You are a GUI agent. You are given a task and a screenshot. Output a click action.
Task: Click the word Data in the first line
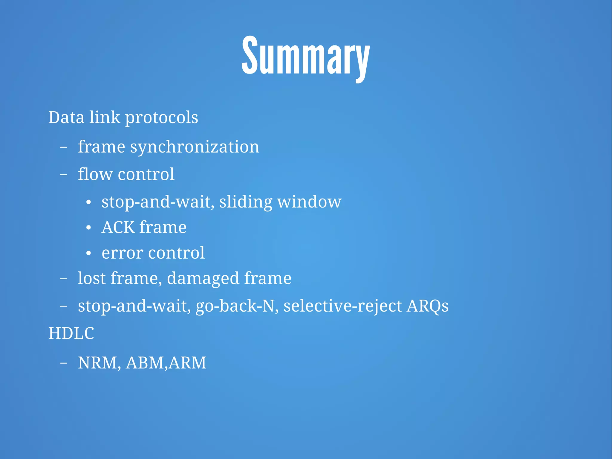point(66,117)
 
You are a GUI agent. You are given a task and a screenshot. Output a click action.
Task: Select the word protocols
point(161,118)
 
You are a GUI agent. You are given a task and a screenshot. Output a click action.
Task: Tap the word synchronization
point(195,147)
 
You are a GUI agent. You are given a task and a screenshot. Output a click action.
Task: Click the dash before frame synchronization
point(63,147)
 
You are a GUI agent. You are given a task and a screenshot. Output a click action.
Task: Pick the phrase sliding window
point(280,202)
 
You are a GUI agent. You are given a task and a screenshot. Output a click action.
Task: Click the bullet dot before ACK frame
point(88,228)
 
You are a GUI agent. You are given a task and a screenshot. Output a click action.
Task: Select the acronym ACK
point(118,228)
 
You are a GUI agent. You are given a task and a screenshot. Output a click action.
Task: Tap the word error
point(123,253)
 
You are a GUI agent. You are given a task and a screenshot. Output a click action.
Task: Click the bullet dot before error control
point(88,253)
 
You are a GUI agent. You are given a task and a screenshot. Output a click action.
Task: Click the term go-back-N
point(235,306)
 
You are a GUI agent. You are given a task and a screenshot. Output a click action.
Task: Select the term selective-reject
point(342,306)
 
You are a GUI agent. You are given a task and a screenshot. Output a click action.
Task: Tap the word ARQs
point(427,306)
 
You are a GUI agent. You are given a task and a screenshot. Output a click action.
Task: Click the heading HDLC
point(71,333)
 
